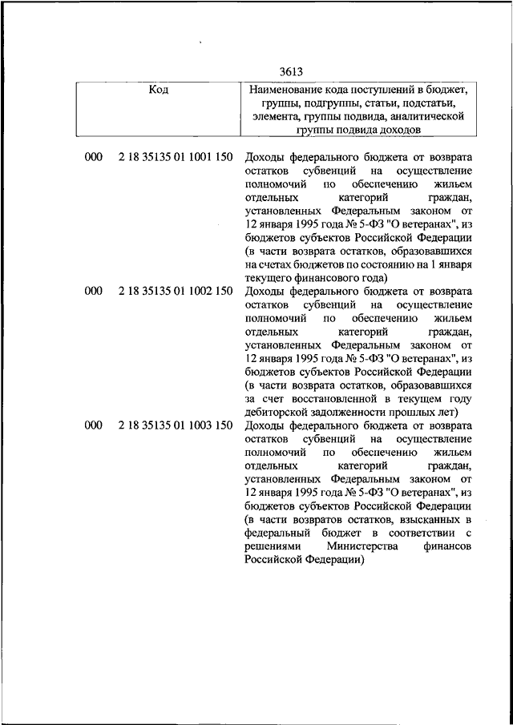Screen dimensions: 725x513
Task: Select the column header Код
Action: click(159, 90)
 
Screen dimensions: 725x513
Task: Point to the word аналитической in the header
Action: click(430, 116)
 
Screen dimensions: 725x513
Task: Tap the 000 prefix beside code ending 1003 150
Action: click(93, 425)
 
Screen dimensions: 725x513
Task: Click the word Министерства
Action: click(367, 546)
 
